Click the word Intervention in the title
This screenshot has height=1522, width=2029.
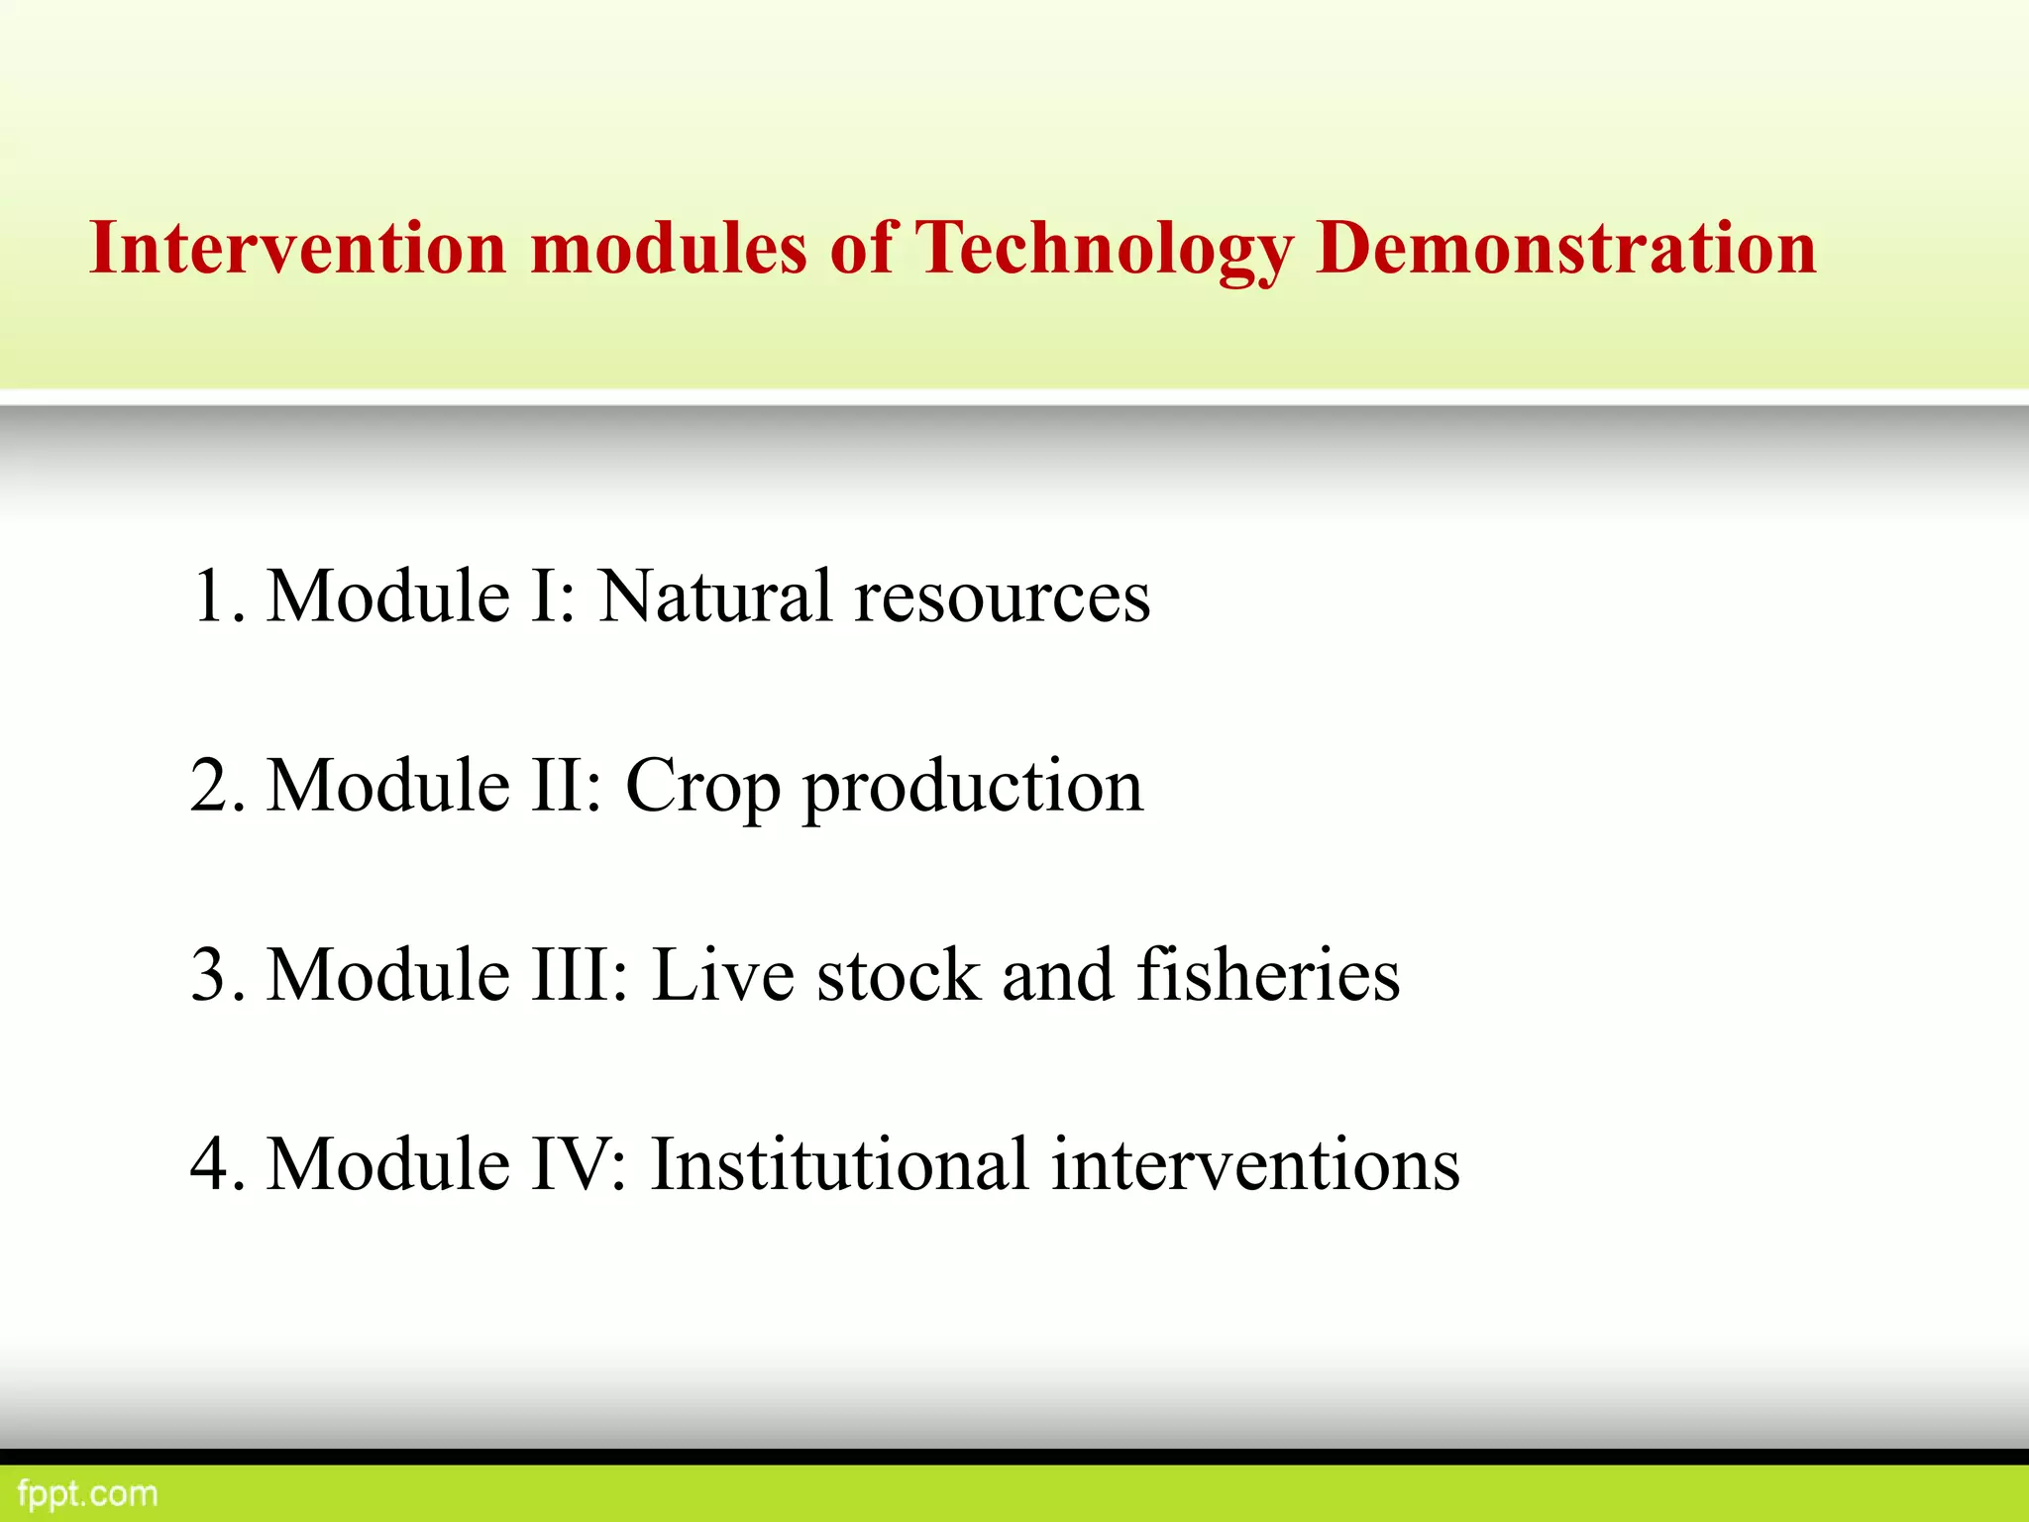click(298, 248)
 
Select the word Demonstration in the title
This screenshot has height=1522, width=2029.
click(1565, 248)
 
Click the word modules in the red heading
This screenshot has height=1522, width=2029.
click(669, 248)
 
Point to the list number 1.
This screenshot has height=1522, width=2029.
click(213, 597)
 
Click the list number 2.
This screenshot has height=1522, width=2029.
click(213, 786)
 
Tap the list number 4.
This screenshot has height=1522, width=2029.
click(213, 1164)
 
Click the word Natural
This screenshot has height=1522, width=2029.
click(715, 597)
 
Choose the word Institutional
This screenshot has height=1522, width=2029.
click(839, 1164)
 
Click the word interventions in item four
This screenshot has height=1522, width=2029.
click(1255, 1164)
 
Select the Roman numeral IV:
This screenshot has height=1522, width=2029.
click(580, 1164)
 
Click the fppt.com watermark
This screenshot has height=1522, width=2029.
click(87, 1493)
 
